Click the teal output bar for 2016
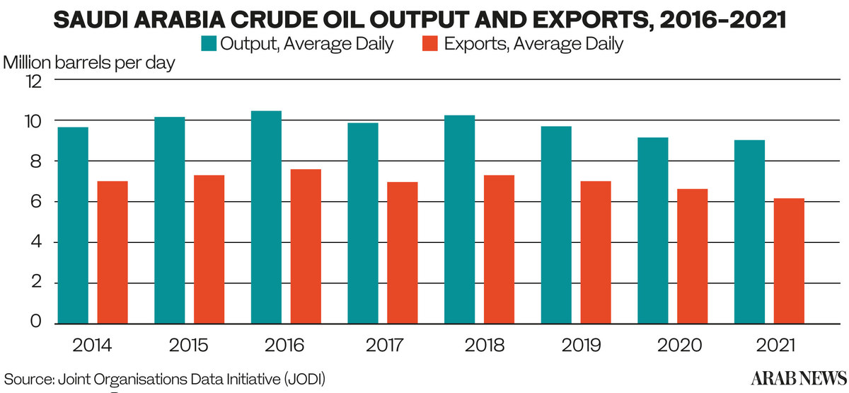click(x=266, y=217)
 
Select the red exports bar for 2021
click(x=789, y=261)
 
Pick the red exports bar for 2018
click(x=499, y=249)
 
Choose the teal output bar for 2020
click(x=652, y=230)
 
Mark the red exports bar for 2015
click(x=209, y=249)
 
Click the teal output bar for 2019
click(x=556, y=224)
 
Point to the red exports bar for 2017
click(x=402, y=252)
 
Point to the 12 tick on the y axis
click(x=34, y=81)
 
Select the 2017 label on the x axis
click(x=386, y=346)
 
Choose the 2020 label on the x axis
click(x=676, y=346)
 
